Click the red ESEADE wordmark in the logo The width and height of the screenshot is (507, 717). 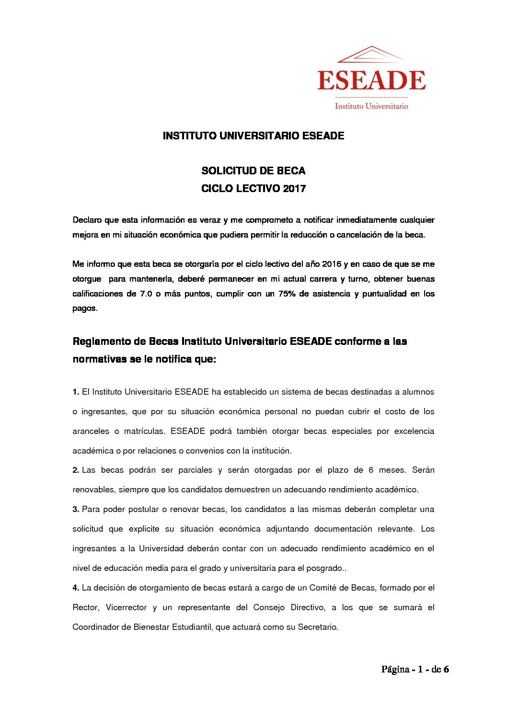pyautogui.click(x=371, y=80)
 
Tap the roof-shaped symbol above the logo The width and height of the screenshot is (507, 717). pyautogui.click(x=371, y=55)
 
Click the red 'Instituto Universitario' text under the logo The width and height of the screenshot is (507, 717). pyautogui.click(x=371, y=106)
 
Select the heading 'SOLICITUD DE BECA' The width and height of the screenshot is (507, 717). pyautogui.click(x=253, y=171)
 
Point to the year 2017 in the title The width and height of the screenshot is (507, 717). pyautogui.click(x=294, y=189)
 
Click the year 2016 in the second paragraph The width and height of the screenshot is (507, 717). pyautogui.click(x=332, y=264)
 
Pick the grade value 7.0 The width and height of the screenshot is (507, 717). pyautogui.click(x=146, y=294)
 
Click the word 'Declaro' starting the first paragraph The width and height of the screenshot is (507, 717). pyautogui.click(x=87, y=220)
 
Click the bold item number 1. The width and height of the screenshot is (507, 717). pyautogui.click(x=76, y=392)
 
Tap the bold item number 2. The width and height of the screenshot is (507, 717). pyautogui.click(x=76, y=470)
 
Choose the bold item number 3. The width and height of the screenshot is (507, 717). pyautogui.click(x=76, y=509)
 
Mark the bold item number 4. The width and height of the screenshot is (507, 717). pyautogui.click(x=76, y=588)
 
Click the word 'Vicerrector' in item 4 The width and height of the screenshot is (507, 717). pyautogui.click(x=126, y=607)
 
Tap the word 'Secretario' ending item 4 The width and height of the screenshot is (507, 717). pyautogui.click(x=318, y=627)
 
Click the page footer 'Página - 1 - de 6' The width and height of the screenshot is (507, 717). pyautogui.click(x=415, y=669)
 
